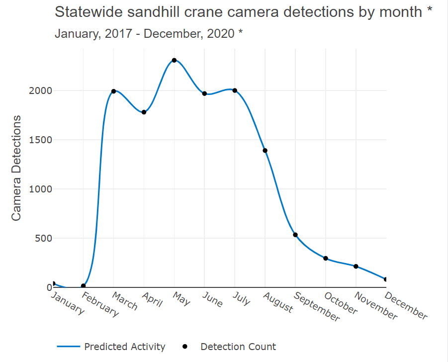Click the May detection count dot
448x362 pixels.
(174, 60)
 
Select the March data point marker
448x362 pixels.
(113, 91)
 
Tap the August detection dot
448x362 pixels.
(265, 150)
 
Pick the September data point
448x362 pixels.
(295, 235)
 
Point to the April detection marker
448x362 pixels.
(144, 112)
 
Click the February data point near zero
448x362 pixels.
(83, 286)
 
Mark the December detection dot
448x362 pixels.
(385, 279)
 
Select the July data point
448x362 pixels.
(235, 90)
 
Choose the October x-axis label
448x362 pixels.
(340, 303)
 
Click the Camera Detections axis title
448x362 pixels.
(16, 168)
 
